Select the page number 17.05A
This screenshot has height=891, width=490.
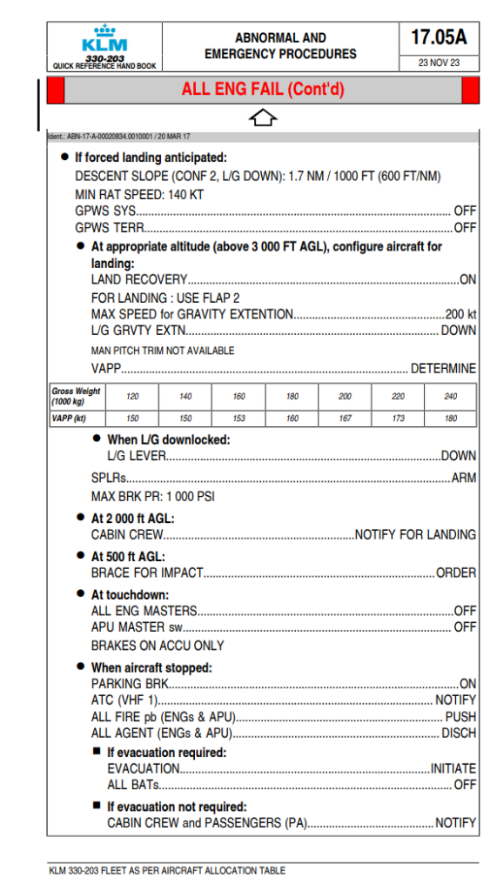[x=439, y=37]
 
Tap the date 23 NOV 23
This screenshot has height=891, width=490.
[x=439, y=63]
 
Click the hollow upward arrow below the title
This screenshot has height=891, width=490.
[x=262, y=117]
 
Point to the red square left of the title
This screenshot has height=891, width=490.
[x=55, y=90]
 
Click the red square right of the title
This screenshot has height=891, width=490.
[x=470, y=90]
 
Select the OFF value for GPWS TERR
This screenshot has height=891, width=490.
[x=465, y=228]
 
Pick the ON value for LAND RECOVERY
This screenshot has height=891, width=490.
[x=467, y=279]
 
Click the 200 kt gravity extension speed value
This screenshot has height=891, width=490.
[x=460, y=313]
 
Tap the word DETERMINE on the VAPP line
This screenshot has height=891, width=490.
[x=443, y=368]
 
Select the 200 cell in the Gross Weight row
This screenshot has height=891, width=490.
[x=345, y=396]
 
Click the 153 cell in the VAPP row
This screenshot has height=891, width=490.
[x=238, y=419]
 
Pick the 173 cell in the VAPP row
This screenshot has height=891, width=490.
[x=398, y=419]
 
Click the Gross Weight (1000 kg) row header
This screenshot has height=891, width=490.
[x=76, y=396]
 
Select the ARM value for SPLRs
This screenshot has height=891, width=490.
[x=463, y=478]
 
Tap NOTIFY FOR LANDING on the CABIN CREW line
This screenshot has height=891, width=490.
[x=415, y=534]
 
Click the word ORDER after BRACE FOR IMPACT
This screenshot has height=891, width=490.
[x=456, y=573]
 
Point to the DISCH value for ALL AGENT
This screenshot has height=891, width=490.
[x=458, y=733]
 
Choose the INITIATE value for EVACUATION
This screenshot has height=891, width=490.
[x=453, y=768]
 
